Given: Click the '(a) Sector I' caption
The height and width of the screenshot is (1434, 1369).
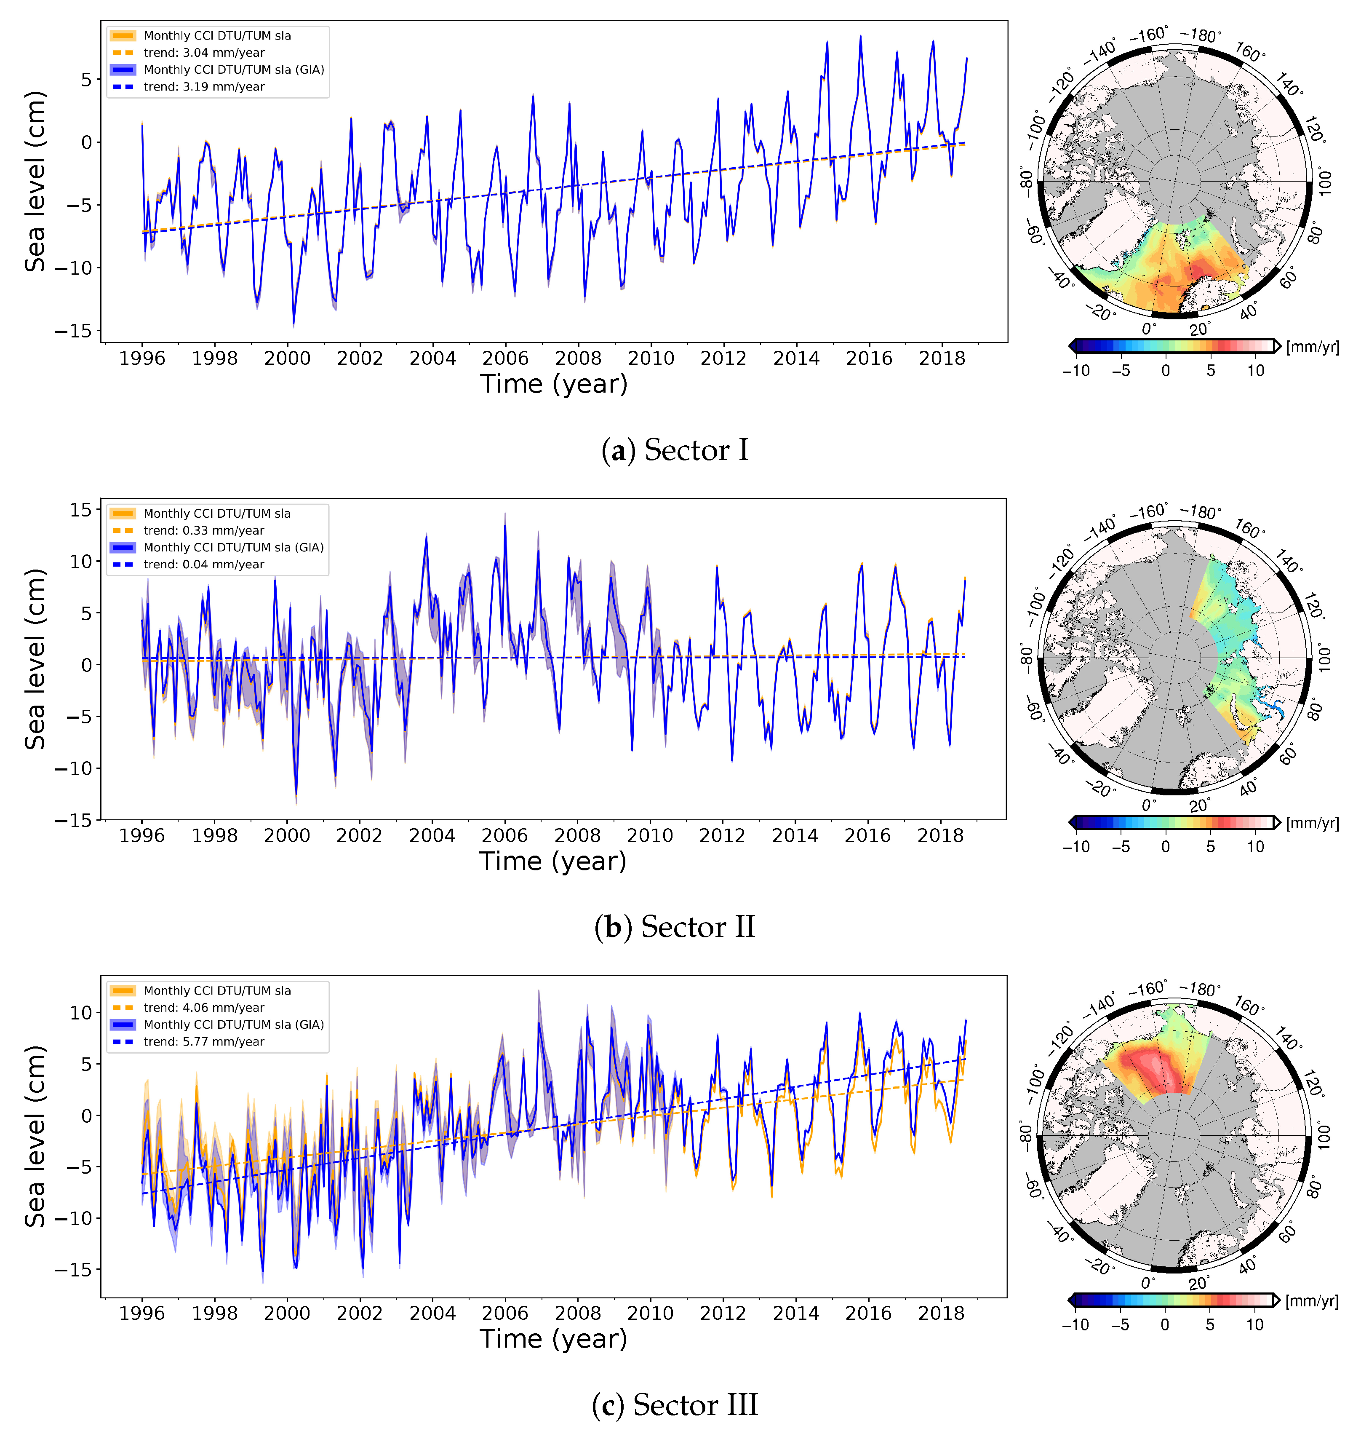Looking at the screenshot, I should coord(675,450).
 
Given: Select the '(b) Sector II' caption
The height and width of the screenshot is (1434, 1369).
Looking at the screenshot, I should coord(675,927).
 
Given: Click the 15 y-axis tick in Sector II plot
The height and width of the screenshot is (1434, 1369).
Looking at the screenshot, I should coord(81,510).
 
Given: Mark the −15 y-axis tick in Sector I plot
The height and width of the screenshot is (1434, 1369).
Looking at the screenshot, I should coord(74,331).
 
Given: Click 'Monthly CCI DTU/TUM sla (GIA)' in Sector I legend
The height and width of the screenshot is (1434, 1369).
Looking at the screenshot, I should coord(234,70).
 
